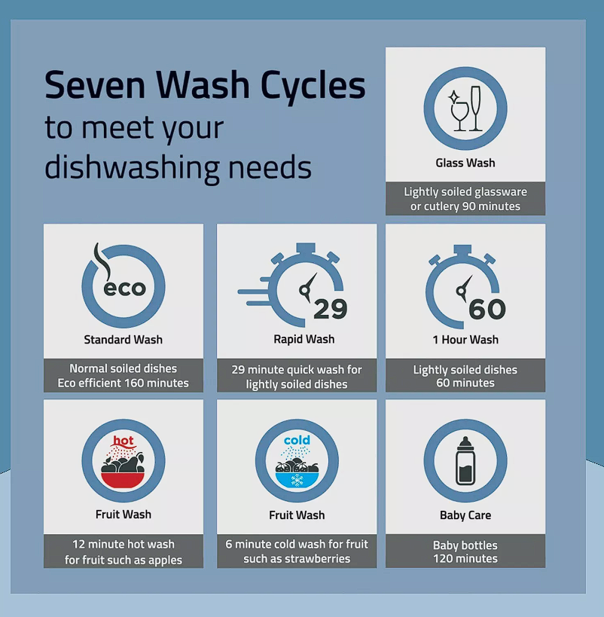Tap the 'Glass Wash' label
coord(465,163)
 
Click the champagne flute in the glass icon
coord(476,108)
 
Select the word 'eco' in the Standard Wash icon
coord(125,288)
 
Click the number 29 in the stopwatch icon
coord(331,309)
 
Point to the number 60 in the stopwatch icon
coord(487,309)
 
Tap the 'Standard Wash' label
coord(124,340)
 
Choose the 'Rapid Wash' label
coord(304,339)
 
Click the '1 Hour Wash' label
coord(465,340)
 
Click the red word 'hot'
coord(124,441)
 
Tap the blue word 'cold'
coord(297,440)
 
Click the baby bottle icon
coord(465,461)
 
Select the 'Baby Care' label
coord(465,515)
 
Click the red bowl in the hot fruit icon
coord(123,480)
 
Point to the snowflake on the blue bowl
coord(297,480)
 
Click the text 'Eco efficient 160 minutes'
coord(124,383)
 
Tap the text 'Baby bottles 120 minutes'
coord(465,551)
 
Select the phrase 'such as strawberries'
coord(297,559)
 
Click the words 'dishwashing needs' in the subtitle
coord(178,168)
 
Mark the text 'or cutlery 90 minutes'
coord(465,206)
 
